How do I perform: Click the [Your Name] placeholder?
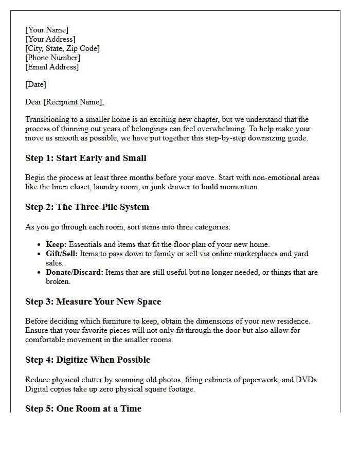click(47, 30)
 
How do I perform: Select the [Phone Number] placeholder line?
click(52, 58)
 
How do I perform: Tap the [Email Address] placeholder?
click(52, 67)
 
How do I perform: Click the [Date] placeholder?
click(35, 84)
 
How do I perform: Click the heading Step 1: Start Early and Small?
click(85, 158)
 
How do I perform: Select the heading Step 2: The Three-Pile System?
click(87, 207)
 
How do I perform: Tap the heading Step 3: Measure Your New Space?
click(93, 301)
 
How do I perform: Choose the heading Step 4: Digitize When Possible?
click(87, 360)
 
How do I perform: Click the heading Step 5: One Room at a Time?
click(83, 408)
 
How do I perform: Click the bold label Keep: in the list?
click(56, 244)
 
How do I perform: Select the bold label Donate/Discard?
click(75, 272)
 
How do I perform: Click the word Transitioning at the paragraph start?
click(48, 119)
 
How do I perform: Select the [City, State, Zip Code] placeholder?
click(62, 48)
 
